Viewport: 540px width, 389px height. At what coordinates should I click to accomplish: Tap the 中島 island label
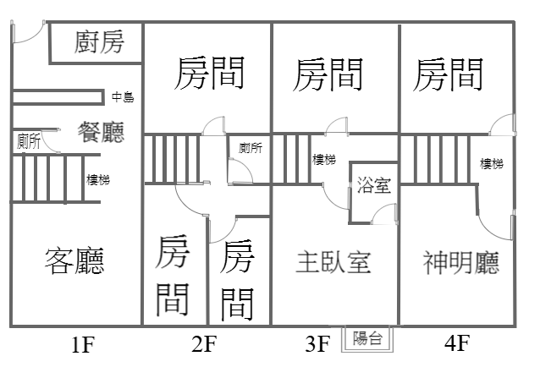click(x=123, y=97)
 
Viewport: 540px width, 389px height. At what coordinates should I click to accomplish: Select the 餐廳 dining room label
click(x=101, y=132)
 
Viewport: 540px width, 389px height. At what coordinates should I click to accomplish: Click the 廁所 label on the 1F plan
click(x=28, y=142)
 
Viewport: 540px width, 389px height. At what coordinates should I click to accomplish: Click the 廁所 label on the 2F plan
click(x=251, y=148)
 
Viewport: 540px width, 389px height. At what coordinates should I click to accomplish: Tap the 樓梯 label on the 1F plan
click(x=98, y=179)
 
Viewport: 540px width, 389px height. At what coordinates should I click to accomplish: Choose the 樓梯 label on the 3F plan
click(x=322, y=159)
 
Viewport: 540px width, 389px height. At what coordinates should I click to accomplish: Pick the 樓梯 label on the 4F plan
click(x=492, y=163)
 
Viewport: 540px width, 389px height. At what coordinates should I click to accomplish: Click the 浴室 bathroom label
click(x=373, y=185)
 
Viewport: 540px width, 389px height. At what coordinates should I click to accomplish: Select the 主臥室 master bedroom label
click(x=333, y=261)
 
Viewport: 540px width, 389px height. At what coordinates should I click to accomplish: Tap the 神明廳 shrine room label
click(x=460, y=261)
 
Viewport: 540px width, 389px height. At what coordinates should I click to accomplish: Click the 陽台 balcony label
click(x=366, y=339)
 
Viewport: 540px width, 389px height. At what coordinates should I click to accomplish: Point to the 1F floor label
click(x=82, y=344)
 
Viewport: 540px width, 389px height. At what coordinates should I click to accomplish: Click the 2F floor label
click(x=205, y=344)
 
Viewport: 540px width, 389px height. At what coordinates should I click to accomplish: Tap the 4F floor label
click(x=455, y=344)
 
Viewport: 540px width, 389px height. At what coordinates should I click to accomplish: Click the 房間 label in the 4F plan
click(x=449, y=74)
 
